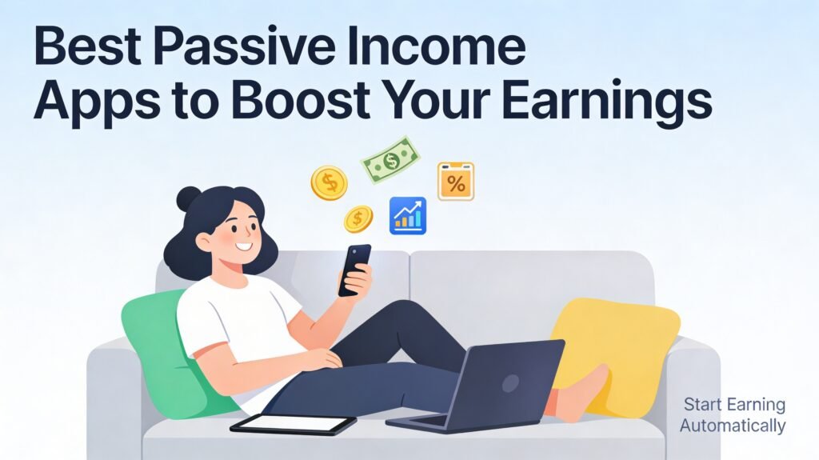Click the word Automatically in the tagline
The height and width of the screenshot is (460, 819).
click(x=733, y=426)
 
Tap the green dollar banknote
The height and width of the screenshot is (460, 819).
click(x=390, y=160)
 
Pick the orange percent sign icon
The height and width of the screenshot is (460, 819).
click(x=455, y=182)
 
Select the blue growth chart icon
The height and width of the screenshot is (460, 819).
click(x=408, y=215)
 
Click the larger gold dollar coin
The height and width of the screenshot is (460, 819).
click(x=329, y=182)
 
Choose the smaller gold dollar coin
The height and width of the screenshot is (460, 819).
click(x=358, y=218)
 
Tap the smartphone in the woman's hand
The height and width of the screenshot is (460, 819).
click(x=354, y=270)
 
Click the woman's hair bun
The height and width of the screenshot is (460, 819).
click(x=188, y=198)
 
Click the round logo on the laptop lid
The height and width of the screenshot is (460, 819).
click(x=510, y=384)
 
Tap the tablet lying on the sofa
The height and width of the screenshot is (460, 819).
click(x=293, y=424)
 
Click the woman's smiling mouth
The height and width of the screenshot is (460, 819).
click(x=243, y=246)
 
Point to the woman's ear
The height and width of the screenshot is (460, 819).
click(x=203, y=242)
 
